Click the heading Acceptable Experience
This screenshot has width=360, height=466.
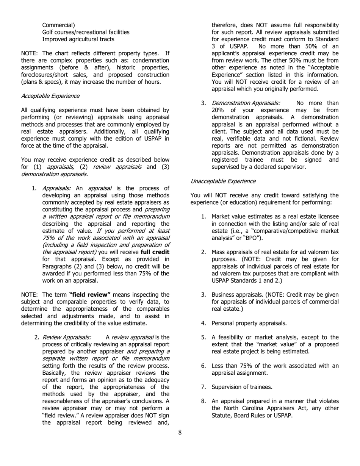[x=50, y=96]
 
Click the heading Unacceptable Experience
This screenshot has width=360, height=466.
[x=223, y=181]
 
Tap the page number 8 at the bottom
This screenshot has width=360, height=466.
[x=180, y=433]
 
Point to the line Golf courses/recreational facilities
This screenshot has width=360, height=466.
[x=86, y=32]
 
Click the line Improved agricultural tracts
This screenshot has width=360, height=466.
[x=78, y=39]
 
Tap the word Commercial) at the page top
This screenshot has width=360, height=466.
[x=58, y=25]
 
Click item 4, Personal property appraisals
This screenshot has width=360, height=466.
[x=249, y=323]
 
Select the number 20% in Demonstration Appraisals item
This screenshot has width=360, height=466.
[x=218, y=110]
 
